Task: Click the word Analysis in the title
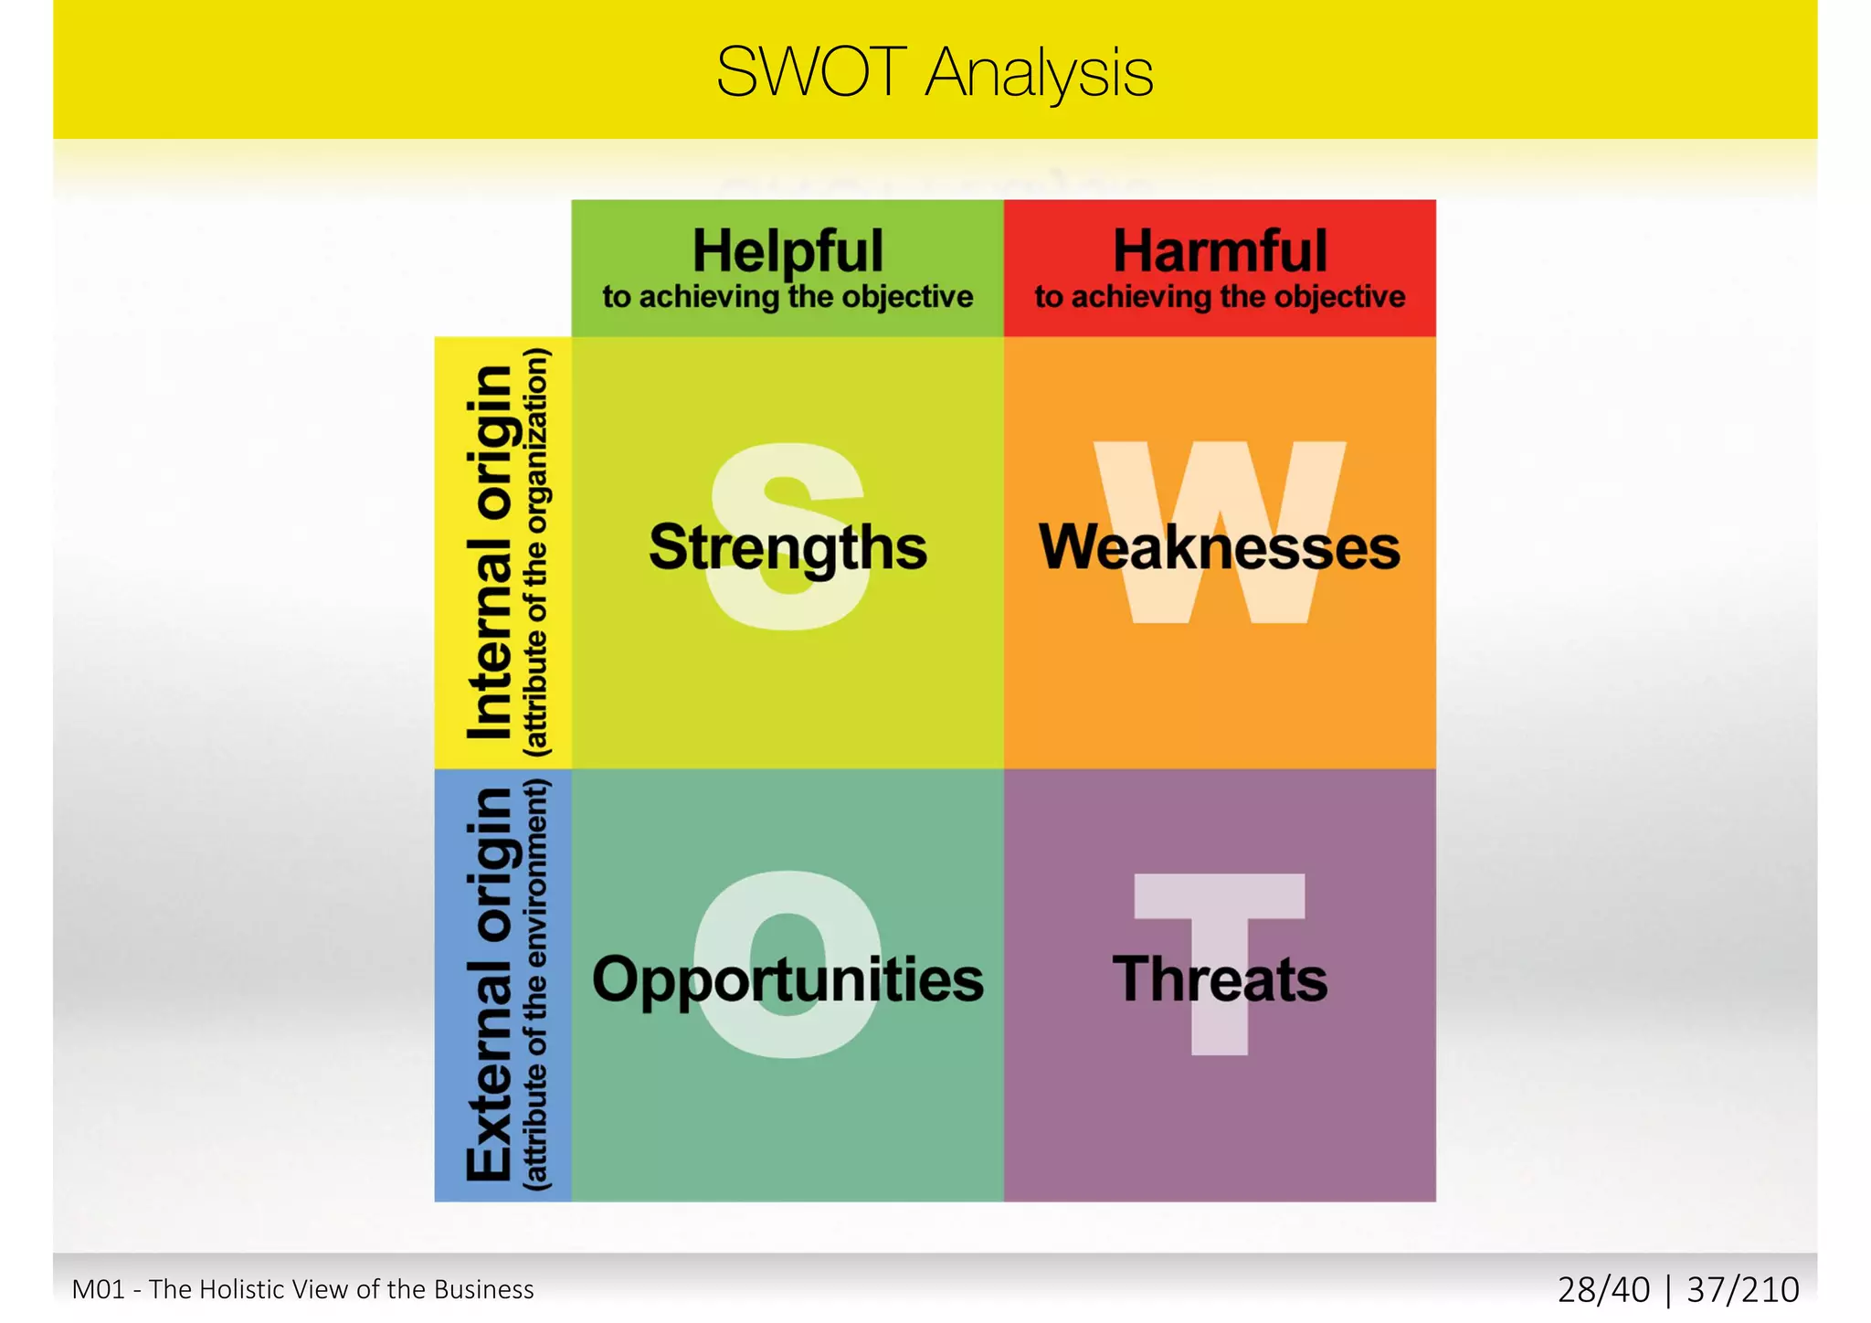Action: (1039, 75)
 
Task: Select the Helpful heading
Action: (788, 250)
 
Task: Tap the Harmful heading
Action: (1220, 250)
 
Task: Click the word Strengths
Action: (788, 547)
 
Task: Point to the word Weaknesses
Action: (1220, 547)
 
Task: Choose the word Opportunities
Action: (788, 980)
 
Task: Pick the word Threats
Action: (1220, 979)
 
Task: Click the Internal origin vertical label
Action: (491, 552)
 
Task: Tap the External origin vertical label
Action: (491, 985)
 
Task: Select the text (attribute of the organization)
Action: (537, 552)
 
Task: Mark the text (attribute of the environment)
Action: (537, 985)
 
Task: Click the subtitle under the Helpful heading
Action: (788, 297)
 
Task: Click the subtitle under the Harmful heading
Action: (1220, 297)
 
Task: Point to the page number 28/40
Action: (1603, 1290)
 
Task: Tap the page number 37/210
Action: (1742, 1290)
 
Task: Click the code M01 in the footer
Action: (98, 1289)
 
